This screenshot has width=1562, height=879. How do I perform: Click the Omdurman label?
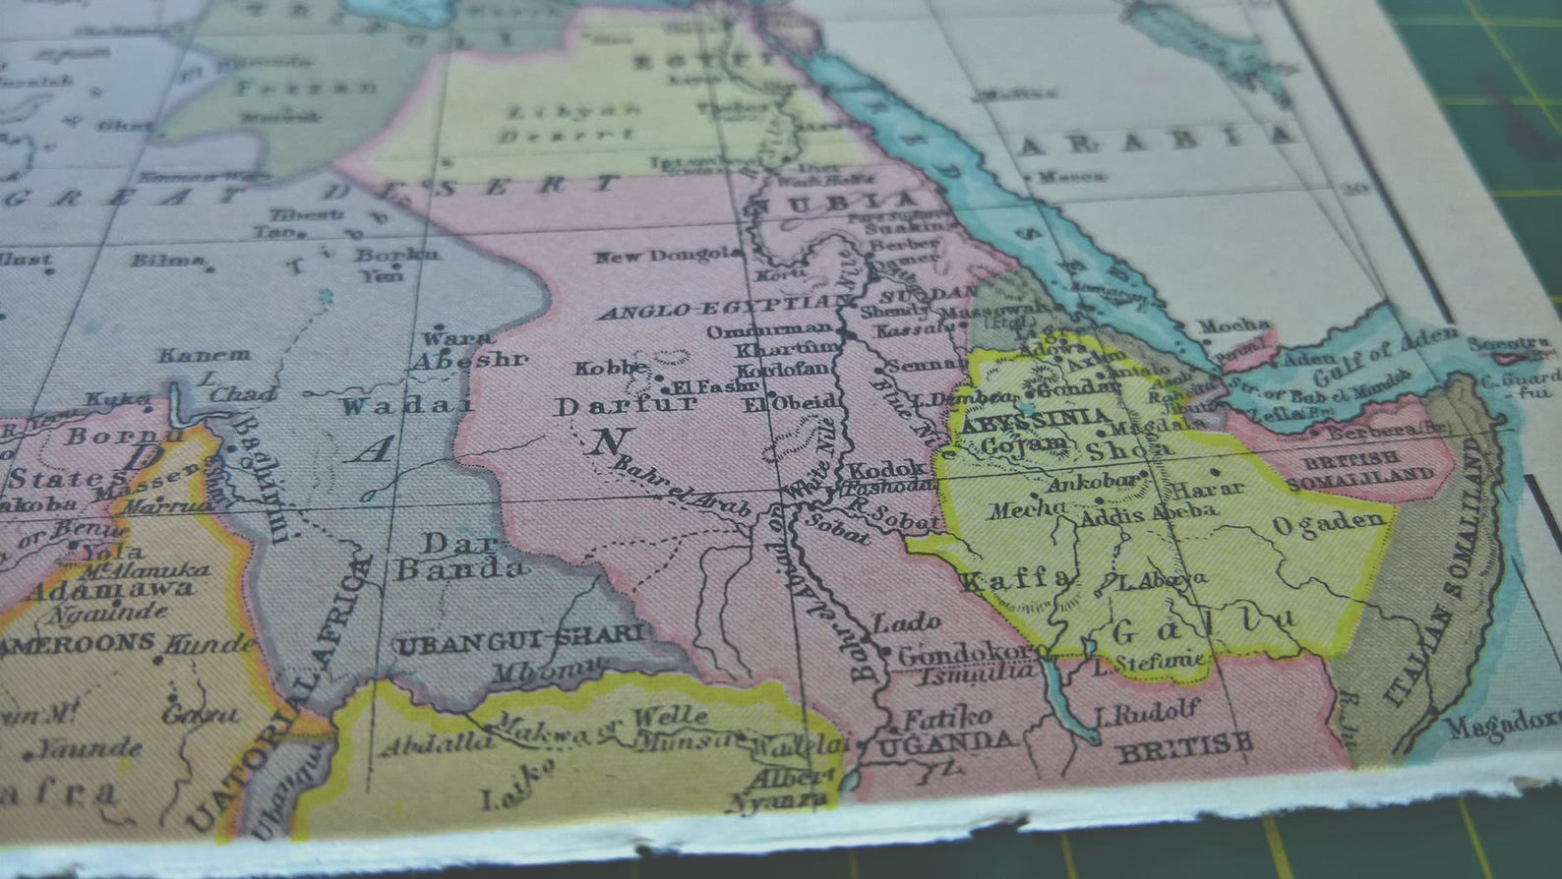[769, 331]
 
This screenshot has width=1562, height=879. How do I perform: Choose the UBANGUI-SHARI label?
[522, 640]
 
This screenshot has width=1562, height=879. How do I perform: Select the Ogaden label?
[1328, 524]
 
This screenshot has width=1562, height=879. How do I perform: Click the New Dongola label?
[668, 257]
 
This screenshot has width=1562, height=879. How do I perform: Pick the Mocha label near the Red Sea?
[1232, 325]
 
